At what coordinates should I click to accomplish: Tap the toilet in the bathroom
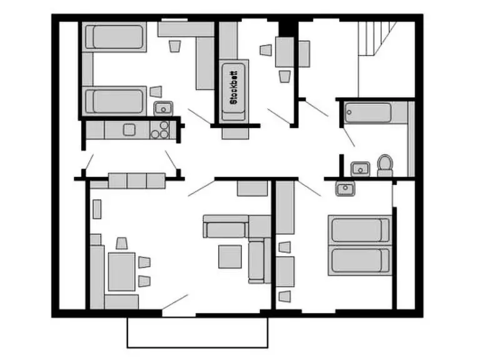pos(385,165)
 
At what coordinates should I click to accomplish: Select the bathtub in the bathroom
pos(367,112)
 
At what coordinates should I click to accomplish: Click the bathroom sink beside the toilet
pos(360,169)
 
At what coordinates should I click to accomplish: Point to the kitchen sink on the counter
pos(129,130)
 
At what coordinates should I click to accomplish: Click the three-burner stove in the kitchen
pos(160,130)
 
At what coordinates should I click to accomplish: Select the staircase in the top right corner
pos(377,38)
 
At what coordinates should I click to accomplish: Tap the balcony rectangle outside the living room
pos(197,332)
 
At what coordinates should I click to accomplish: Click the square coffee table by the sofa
pos(230,256)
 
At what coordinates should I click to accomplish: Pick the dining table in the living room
pos(122,272)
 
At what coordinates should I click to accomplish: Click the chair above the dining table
pos(122,243)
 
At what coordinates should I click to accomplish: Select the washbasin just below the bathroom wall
pos(345,188)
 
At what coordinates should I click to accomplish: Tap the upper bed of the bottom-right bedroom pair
pos(360,229)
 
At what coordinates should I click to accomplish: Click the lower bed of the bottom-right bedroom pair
pos(360,260)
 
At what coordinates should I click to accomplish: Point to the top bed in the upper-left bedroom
pos(114,37)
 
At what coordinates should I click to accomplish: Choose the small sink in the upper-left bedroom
pos(164,108)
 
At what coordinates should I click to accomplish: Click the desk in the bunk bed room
pos(285,52)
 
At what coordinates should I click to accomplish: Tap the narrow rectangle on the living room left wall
pos(97,209)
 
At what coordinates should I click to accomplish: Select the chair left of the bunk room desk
pos(266,50)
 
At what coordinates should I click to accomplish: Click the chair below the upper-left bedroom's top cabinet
pos(175,46)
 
